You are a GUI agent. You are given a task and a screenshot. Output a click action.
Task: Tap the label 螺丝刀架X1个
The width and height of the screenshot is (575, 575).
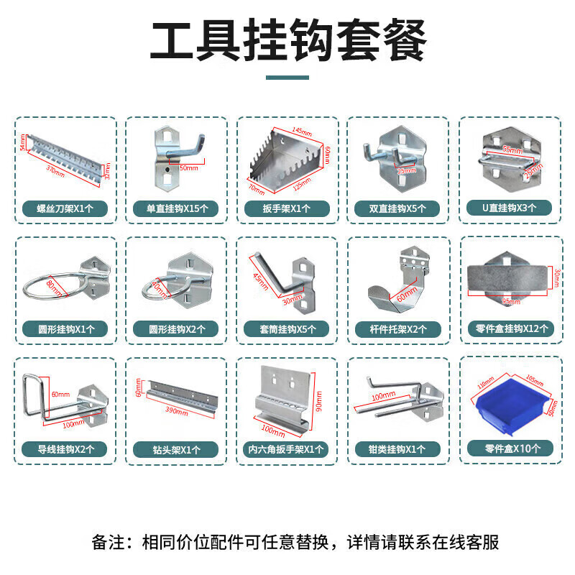65,209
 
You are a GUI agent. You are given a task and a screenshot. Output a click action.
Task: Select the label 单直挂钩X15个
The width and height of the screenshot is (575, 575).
176,209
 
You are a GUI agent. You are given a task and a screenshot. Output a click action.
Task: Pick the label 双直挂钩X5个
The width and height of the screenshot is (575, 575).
397,209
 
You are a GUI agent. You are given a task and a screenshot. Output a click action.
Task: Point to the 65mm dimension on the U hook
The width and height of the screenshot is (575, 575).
512,150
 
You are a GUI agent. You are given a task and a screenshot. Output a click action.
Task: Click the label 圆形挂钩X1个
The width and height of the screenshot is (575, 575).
65,329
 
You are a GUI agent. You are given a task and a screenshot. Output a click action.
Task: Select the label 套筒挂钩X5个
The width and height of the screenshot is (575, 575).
287,329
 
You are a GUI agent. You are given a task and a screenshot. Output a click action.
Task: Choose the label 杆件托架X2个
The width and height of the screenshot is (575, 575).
397,329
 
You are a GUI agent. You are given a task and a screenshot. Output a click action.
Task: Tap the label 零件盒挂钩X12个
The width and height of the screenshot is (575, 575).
508,329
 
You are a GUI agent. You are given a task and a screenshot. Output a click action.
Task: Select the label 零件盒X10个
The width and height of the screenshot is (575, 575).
508,448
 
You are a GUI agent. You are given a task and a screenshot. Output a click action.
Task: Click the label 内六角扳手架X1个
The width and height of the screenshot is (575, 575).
287,449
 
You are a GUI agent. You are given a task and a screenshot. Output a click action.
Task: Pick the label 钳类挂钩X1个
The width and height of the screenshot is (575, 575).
397,449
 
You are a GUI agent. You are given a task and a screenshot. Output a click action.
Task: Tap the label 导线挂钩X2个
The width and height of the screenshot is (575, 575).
65,449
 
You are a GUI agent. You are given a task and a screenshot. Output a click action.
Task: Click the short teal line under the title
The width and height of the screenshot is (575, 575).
287,78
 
